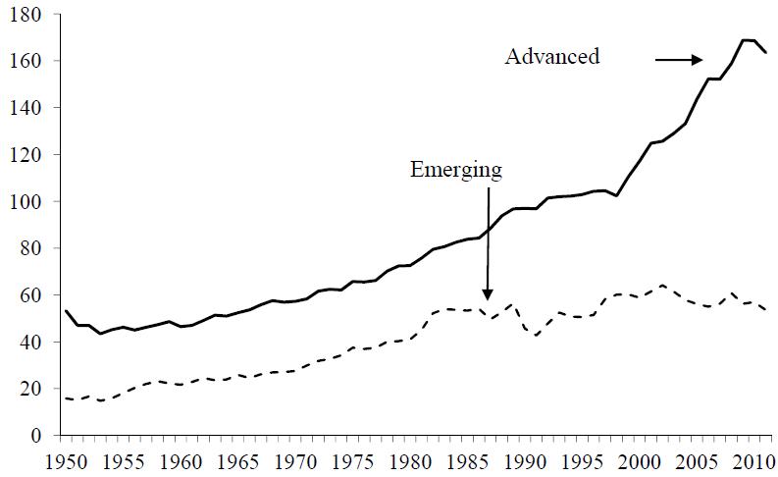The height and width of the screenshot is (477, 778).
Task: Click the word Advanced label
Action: pos(551,56)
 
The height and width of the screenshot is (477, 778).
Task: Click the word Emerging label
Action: pos(456,170)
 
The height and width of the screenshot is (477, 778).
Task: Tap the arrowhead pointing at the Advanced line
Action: pos(700,60)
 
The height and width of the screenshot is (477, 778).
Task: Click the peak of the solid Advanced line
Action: pos(745,40)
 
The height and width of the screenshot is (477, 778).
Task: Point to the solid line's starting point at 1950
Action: pos(65,310)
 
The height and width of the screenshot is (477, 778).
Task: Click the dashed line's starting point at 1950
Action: pos(65,397)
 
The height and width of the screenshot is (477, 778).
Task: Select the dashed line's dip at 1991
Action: pos(536,336)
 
